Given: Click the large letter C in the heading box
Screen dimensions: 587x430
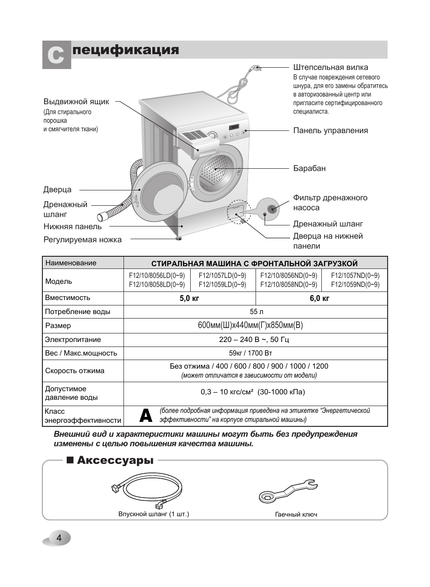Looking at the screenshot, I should (56, 55).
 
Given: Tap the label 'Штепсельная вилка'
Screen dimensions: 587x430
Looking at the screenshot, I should (330, 68).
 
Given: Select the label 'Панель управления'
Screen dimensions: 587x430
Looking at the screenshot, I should (330, 131).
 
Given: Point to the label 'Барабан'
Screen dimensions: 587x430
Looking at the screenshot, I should (309, 168).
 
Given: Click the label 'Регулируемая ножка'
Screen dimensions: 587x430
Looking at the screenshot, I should (82, 240).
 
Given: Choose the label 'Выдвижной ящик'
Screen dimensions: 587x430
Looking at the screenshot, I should (76, 102).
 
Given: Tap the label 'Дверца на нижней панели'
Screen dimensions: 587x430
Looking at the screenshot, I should (328, 241).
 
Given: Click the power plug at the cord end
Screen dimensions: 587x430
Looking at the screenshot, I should (255, 69).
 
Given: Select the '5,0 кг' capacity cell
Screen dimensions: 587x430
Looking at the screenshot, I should (189, 298).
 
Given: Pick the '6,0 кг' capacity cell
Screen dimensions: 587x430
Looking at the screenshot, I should (321, 298).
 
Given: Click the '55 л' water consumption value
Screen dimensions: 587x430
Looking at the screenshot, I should (256, 312).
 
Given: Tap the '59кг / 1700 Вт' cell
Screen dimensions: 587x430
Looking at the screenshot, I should (255, 353).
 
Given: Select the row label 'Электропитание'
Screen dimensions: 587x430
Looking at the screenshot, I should (73, 340).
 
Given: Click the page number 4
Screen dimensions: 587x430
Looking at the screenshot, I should (58, 538).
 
